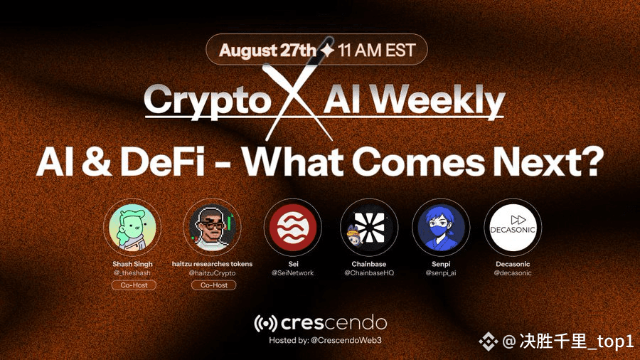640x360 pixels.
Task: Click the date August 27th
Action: tap(267, 51)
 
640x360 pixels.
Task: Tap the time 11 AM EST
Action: tap(376, 51)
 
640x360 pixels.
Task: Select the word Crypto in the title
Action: tap(208, 100)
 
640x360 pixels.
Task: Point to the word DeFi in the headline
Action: tap(162, 162)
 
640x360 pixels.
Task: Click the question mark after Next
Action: tap(591, 161)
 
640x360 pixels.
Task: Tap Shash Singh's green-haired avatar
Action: tap(132, 227)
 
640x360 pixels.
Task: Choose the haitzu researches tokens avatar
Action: tap(212, 227)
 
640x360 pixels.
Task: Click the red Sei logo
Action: tap(293, 228)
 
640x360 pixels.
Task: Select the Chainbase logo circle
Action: tap(369, 228)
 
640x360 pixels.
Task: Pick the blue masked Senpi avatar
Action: tap(441, 228)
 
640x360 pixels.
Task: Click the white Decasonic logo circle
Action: tap(513, 228)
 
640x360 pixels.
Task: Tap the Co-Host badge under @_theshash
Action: tap(134, 285)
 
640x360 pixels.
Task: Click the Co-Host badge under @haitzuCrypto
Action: tap(214, 285)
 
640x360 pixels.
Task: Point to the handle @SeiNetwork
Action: tap(293, 272)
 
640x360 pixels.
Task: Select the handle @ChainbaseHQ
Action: tap(369, 272)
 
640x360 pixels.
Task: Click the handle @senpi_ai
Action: tap(441, 272)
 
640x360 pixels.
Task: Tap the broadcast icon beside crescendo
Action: tap(266, 323)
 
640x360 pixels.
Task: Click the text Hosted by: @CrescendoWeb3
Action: tap(325, 340)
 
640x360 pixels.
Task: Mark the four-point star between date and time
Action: tap(326, 51)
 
